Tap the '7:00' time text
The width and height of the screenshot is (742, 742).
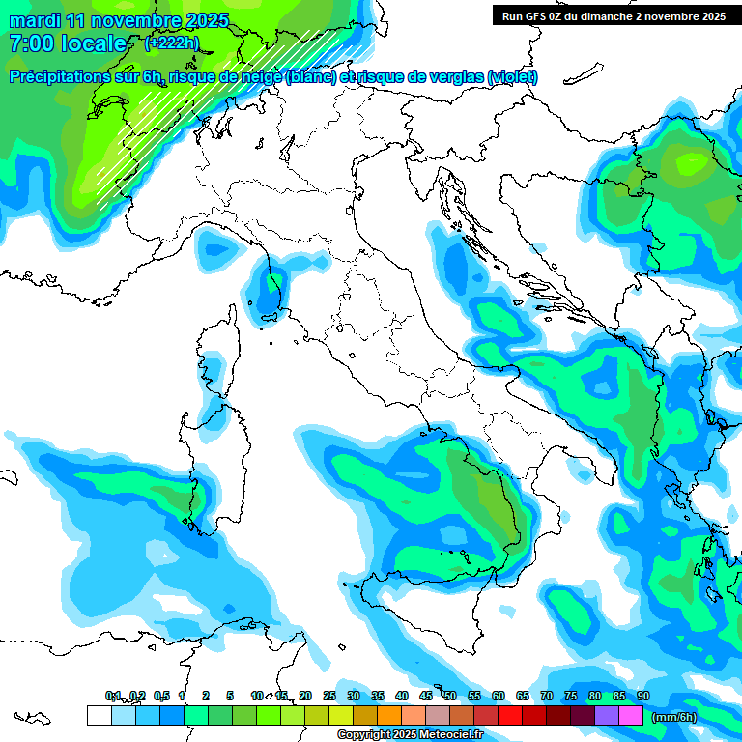tap(29, 43)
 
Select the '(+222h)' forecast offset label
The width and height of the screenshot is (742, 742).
tap(171, 43)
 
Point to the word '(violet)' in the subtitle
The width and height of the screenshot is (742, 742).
tap(513, 77)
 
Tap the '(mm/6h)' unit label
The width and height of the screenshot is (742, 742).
tap(674, 717)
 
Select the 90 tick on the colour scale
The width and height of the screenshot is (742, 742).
tap(643, 696)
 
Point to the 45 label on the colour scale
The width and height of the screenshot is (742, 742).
tap(426, 696)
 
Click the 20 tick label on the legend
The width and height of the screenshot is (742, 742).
tap(305, 696)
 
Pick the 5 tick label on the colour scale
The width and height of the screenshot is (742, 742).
tap(230, 696)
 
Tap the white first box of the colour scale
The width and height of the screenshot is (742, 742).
tap(99, 715)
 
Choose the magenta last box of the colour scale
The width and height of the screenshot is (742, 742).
tap(631, 715)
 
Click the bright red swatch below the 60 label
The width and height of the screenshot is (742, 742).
tap(510, 715)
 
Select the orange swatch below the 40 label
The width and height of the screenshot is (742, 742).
tap(389, 715)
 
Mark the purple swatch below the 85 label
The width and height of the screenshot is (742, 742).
tap(607, 715)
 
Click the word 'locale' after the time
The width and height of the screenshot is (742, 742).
tap(94, 43)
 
